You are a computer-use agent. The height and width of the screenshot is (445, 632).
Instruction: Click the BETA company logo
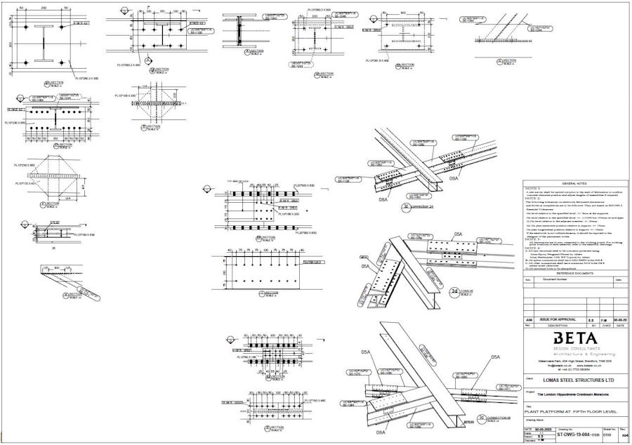pos(574,338)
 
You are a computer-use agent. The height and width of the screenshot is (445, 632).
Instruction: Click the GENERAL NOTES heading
pos(574,182)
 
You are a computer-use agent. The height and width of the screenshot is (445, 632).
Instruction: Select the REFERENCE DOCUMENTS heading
pos(574,273)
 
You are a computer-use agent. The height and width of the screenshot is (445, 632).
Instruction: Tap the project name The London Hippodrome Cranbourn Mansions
pos(566,395)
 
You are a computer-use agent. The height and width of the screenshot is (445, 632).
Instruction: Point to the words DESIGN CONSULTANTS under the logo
pos(574,348)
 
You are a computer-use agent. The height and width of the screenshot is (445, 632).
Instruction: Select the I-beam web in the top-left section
pos(44,44)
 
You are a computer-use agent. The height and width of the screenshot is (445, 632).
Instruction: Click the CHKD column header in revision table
pos(606,326)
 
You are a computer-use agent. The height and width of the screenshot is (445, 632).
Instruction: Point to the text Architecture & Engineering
pos(574,354)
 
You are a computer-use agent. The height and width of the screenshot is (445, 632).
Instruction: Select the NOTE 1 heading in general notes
pos(533,188)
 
